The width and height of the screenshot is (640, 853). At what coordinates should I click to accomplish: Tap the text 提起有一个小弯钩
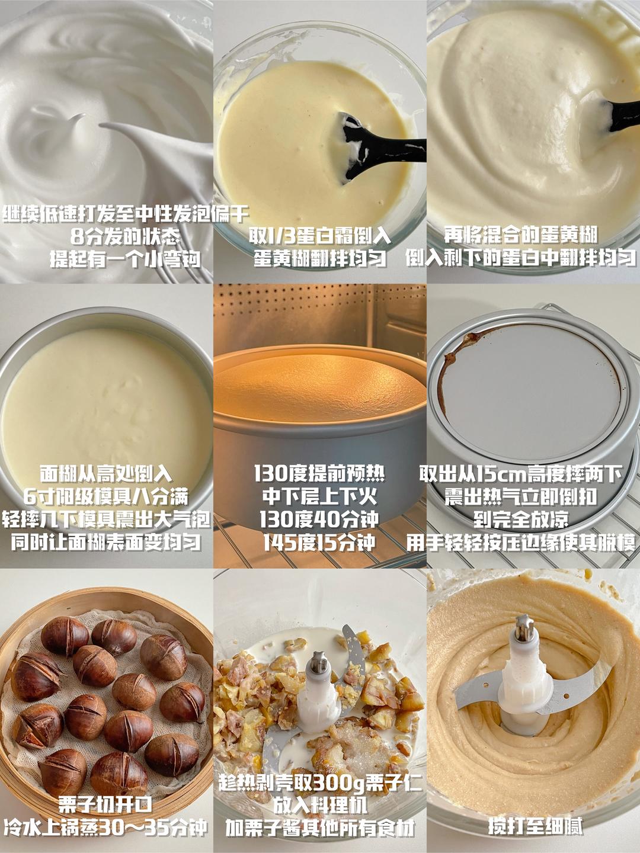(x=125, y=259)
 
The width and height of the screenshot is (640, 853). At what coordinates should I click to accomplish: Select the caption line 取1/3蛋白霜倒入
(x=320, y=235)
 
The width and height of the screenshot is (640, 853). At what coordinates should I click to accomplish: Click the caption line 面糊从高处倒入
(x=105, y=474)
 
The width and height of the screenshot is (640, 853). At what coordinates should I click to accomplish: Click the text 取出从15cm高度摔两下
(x=521, y=474)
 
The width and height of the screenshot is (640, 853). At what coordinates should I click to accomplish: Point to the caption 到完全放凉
(x=521, y=519)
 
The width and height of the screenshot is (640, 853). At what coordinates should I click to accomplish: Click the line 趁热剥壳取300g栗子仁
(x=320, y=749)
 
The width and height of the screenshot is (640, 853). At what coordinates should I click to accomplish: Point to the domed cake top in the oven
(x=320, y=389)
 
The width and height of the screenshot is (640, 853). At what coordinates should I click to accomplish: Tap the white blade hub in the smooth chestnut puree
(x=524, y=660)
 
